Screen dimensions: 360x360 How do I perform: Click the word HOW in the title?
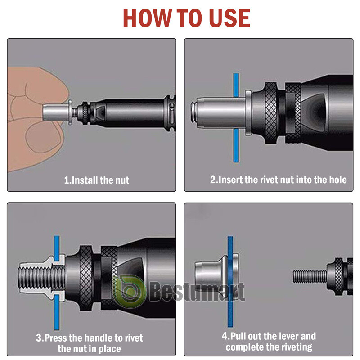[x=147, y=18]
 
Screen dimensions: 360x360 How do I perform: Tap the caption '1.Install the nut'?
[x=96, y=180]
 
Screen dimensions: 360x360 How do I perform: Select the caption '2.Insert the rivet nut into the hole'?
[x=278, y=180]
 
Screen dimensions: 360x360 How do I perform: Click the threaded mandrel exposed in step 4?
[x=310, y=276]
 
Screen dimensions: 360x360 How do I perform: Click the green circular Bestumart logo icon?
[x=130, y=291]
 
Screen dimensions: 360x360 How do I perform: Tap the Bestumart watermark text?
[x=198, y=292]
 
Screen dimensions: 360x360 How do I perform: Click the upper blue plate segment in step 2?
[x=236, y=85]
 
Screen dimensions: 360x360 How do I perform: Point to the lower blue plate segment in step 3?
[x=57, y=312]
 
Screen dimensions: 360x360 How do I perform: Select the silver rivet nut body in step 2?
[x=220, y=112]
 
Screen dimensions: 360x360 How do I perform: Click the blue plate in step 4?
[x=230, y=282]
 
